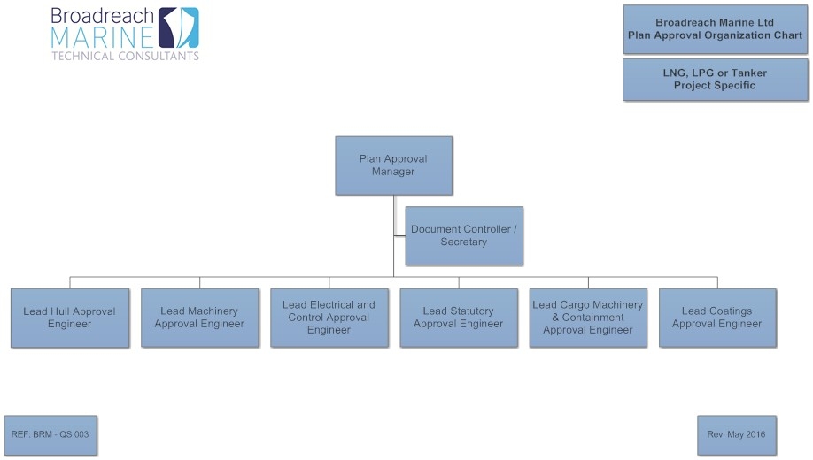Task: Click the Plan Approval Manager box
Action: click(x=393, y=165)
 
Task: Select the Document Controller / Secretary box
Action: click(x=464, y=235)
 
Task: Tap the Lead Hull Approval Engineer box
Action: click(x=70, y=318)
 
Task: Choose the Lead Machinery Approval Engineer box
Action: click(x=199, y=318)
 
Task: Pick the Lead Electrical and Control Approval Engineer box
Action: click(x=329, y=318)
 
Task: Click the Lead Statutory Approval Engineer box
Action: click(x=459, y=318)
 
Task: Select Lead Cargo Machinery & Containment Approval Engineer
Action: click(x=588, y=318)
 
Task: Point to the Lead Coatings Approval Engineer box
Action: click(x=717, y=318)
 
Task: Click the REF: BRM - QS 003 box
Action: click(x=50, y=435)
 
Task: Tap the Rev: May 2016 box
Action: click(x=737, y=435)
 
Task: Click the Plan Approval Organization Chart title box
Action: click(x=715, y=29)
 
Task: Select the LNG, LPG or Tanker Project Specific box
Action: click(x=715, y=80)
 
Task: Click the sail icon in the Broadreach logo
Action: click(x=178, y=27)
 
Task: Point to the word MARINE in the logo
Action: click(x=102, y=37)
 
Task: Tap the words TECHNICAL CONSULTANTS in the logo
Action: click(x=126, y=56)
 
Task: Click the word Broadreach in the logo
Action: click(x=103, y=16)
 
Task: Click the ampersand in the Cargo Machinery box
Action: click(x=555, y=318)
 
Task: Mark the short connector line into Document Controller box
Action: click(x=399, y=236)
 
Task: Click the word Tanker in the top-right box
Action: click(x=748, y=73)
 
